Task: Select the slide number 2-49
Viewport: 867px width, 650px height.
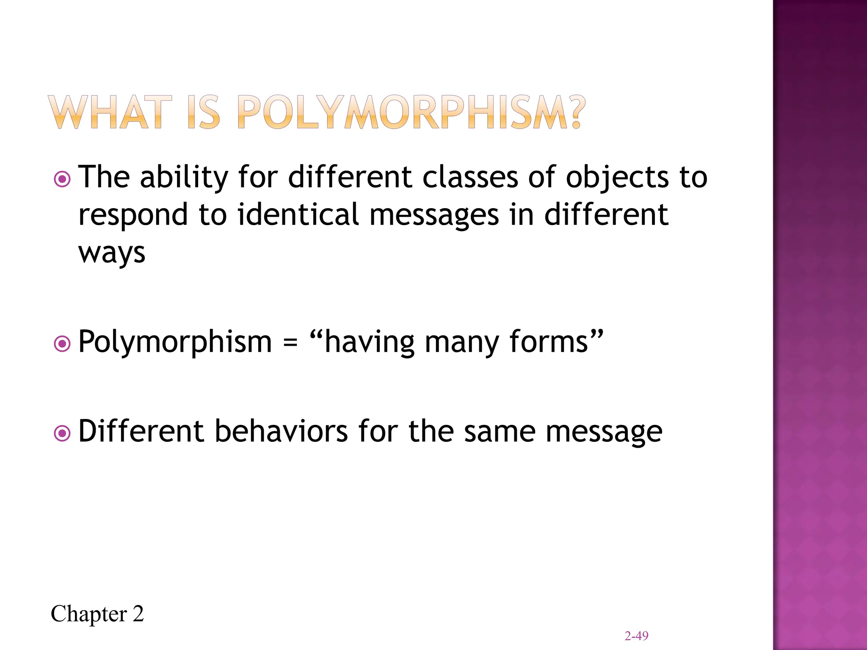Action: [636, 636]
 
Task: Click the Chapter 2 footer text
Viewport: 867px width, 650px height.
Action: [97, 614]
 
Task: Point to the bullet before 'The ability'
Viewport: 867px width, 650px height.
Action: [63, 179]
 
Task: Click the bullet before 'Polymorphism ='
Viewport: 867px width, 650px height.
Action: [63, 344]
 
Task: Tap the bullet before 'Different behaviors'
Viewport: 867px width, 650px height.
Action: [63, 433]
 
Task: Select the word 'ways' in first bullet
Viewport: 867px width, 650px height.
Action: [112, 253]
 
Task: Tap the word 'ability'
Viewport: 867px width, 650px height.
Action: [184, 178]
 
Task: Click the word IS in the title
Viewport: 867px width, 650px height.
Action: [204, 112]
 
